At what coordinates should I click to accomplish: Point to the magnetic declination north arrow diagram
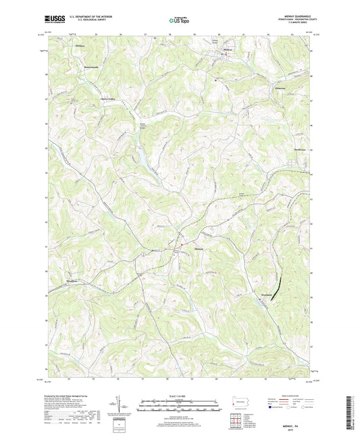point(120,408)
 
